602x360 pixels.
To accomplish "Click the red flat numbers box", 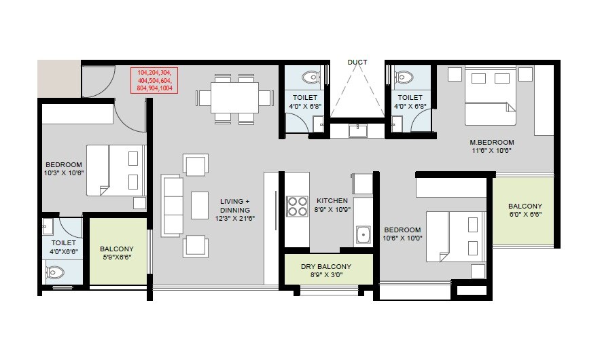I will coord(155,79).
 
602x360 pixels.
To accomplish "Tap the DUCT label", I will coord(357,62).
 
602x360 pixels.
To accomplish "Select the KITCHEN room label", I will coord(332,201).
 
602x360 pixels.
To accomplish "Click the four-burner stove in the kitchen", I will coord(297,206).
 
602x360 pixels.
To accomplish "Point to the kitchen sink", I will coord(363,235).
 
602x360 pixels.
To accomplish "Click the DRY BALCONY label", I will coord(326,266).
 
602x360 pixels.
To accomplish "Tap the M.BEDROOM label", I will coord(492,142).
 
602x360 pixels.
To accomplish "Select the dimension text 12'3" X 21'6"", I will coord(234,219).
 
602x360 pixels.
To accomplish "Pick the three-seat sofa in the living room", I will coord(172,205).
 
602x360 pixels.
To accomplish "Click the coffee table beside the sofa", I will coord(200,205).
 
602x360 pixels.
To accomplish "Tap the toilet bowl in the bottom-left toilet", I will coord(55,273).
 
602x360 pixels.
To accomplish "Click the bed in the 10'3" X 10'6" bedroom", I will coord(116,170).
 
